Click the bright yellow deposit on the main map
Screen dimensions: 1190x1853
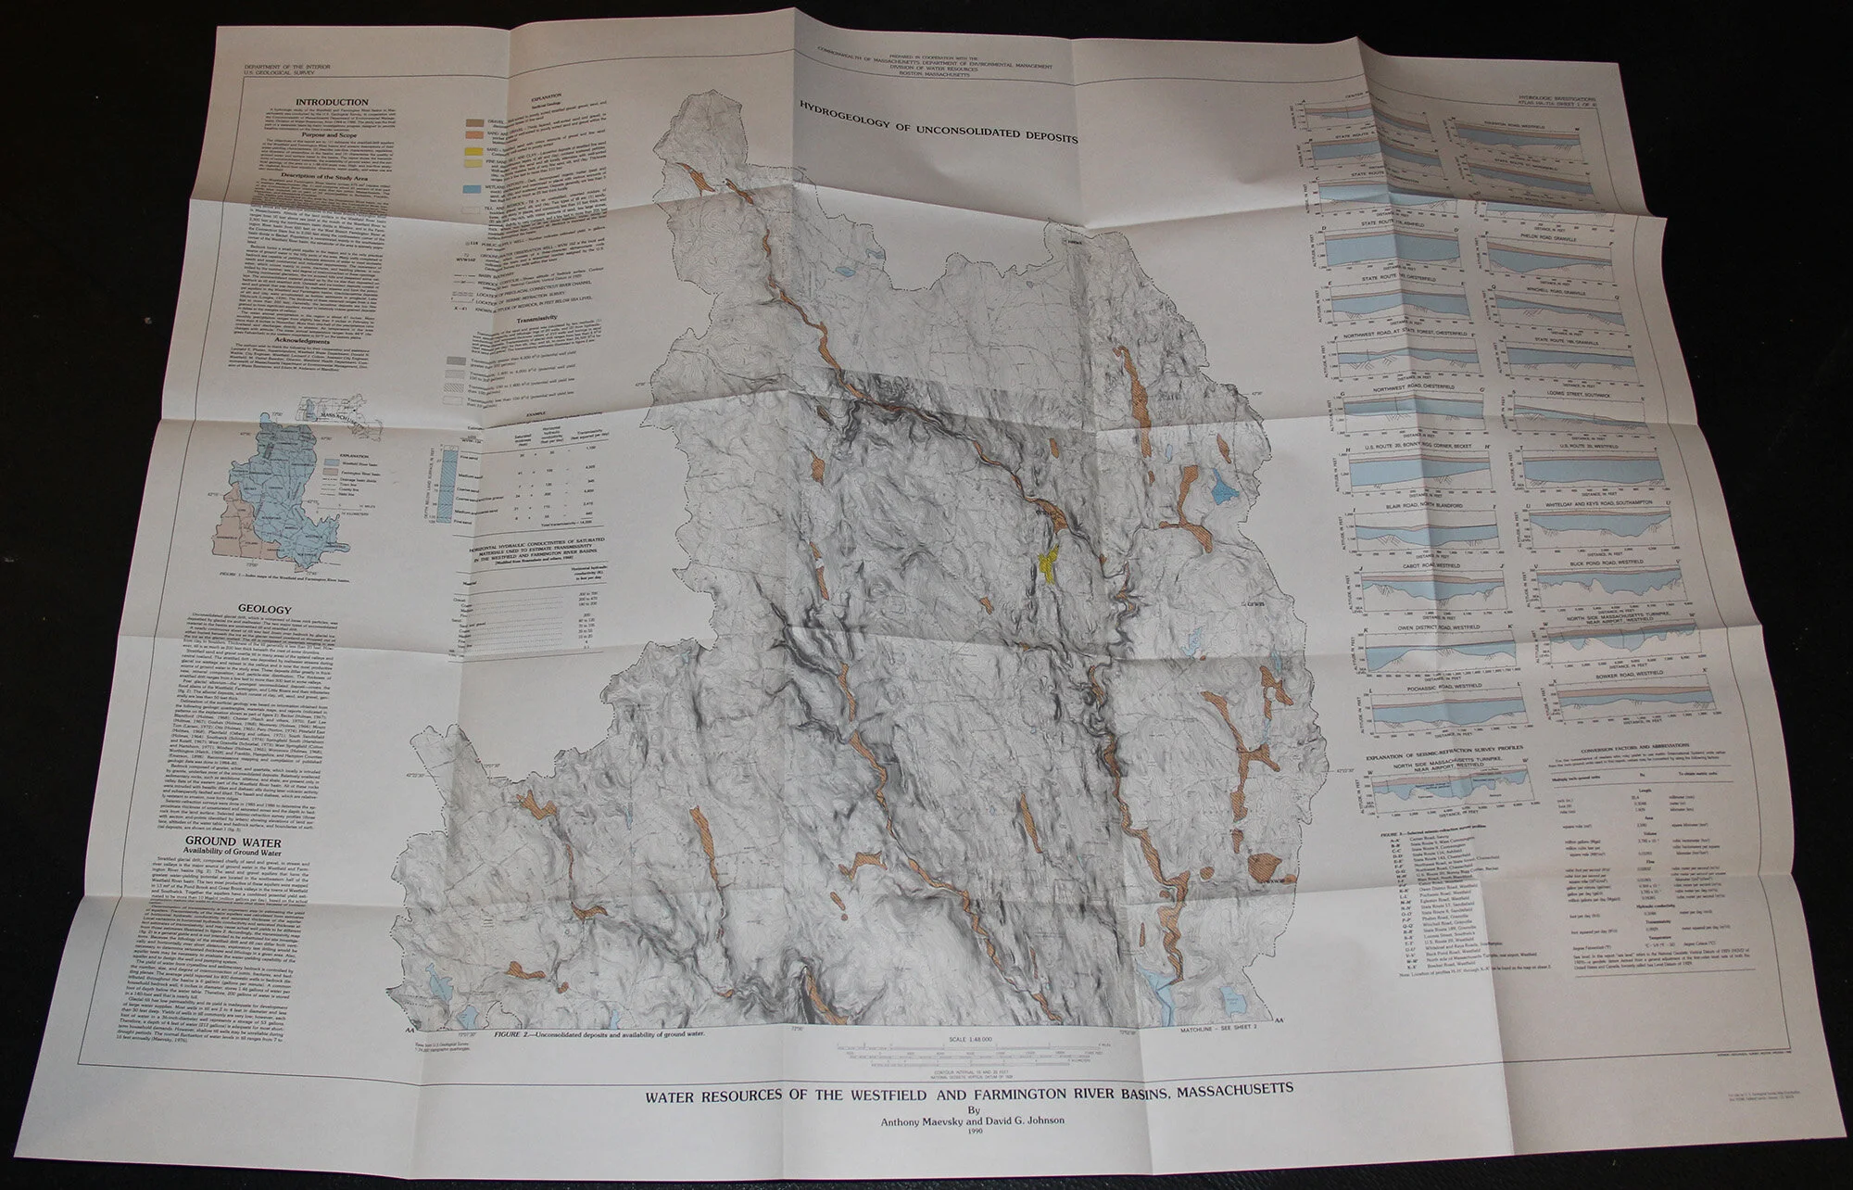click(1050, 562)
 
